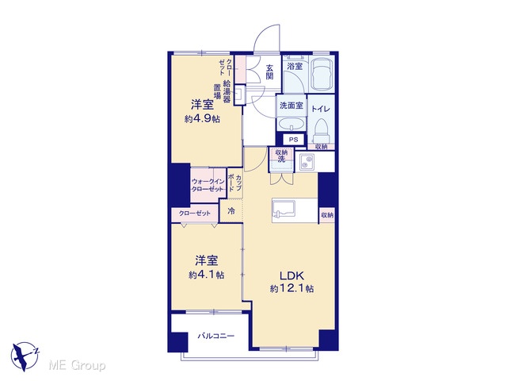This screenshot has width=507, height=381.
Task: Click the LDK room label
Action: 292,275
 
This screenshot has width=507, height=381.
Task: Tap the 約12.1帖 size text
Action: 292,288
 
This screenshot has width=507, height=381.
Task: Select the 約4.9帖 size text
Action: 202,119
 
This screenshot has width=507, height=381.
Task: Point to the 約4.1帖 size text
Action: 206,275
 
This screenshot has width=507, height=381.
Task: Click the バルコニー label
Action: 216,336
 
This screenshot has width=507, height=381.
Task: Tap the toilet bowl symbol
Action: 321,130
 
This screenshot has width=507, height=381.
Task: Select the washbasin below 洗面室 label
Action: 291,124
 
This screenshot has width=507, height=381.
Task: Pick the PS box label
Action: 293,140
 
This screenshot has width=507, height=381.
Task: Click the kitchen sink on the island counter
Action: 284,208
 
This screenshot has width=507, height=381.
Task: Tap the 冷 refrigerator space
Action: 231,211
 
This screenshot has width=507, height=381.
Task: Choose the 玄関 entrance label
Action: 269,71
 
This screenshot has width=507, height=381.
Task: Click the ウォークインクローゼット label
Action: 208,185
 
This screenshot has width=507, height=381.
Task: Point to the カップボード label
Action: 234,183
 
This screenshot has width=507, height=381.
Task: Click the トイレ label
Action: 321,109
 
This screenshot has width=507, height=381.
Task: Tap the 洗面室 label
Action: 292,105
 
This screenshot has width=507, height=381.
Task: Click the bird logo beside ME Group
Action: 25,356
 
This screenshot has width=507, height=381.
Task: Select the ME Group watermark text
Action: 77,366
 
